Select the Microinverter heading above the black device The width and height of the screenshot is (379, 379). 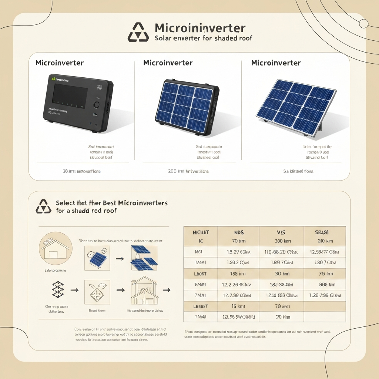[x=60, y=63]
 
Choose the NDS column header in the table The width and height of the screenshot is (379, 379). [x=238, y=232]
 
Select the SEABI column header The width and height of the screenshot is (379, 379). [x=324, y=232]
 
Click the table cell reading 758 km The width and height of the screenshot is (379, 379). [x=238, y=274]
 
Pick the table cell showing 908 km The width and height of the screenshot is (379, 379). [x=324, y=285]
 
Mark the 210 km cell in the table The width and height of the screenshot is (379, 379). [x=324, y=241]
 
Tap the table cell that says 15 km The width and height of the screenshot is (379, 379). [x=238, y=306]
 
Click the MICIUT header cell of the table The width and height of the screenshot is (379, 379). [x=201, y=232]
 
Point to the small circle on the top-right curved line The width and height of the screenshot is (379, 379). [x=363, y=24]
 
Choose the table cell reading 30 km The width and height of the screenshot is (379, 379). [x=281, y=274]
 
